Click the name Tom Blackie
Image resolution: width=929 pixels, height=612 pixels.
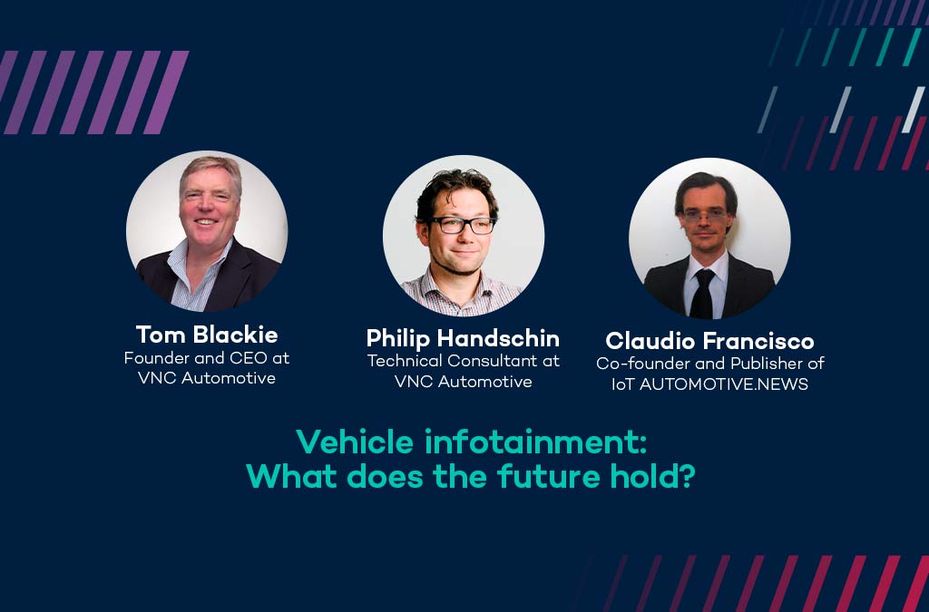click(x=207, y=335)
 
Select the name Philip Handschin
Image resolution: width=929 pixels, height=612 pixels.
click(x=463, y=338)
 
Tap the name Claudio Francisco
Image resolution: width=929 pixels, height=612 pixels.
click(x=709, y=341)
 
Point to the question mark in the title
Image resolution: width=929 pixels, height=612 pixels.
click(x=687, y=476)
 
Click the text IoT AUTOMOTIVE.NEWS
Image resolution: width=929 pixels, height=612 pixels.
click(x=709, y=384)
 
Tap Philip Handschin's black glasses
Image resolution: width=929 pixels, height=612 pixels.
click(x=463, y=225)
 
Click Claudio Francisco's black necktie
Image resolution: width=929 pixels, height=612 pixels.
click(x=703, y=293)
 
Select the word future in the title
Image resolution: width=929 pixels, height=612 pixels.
click(x=547, y=476)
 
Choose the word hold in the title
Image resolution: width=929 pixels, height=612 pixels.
click(x=644, y=476)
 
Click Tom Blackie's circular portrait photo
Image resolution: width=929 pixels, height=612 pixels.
click(x=207, y=231)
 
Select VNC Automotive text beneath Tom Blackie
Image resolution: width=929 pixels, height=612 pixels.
click(x=207, y=378)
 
